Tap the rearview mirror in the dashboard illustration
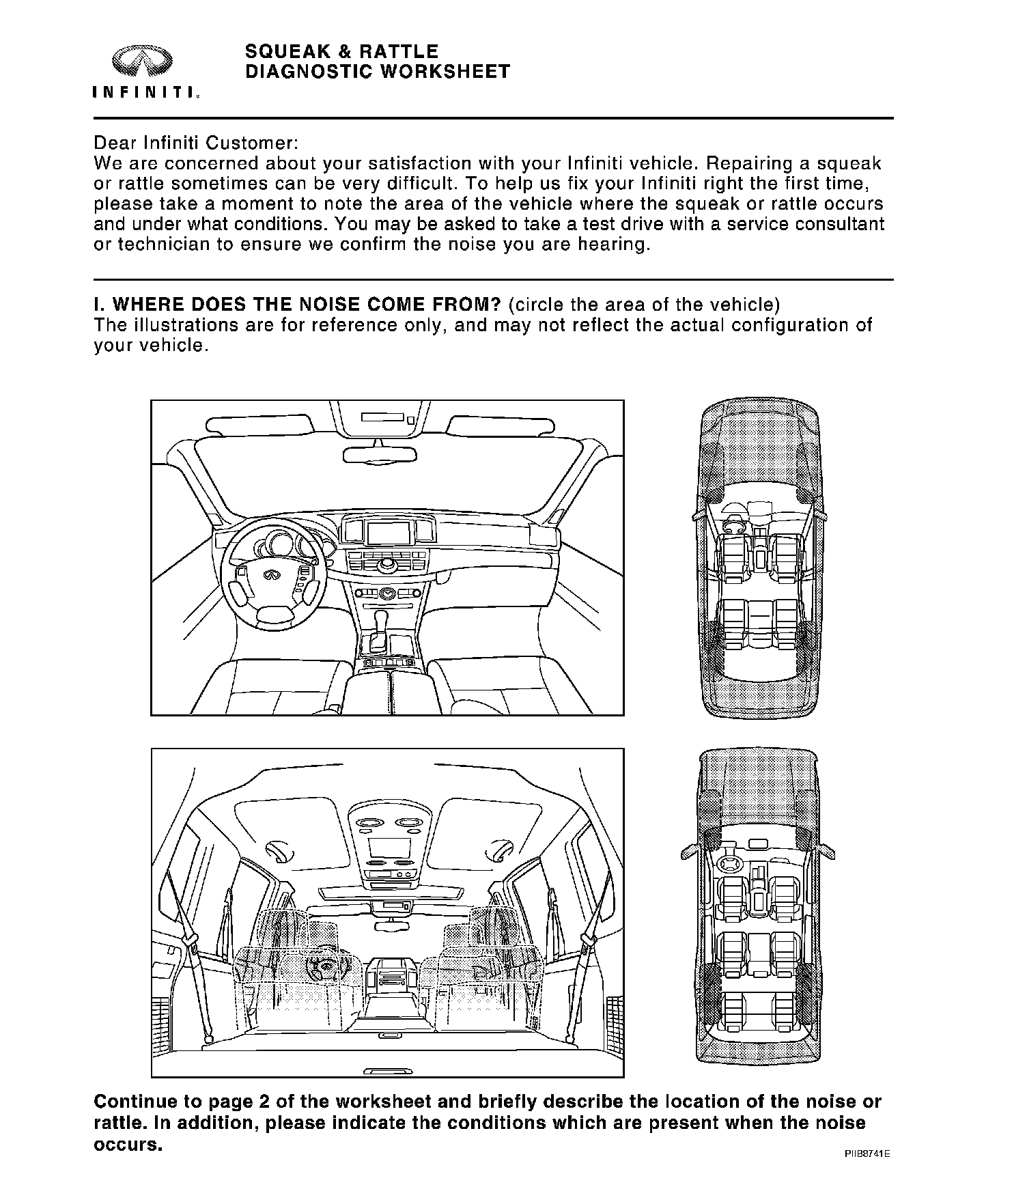pyautogui.click(x=380, y=454)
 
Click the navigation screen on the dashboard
pyautogui.click(x=387, y=531)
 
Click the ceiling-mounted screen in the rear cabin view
pyautogui.click(x=389, y=848)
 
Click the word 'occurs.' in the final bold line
pyautogui.click(x=128, y=1145)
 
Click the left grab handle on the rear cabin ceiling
pyautogui.click(x=279, y=850)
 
